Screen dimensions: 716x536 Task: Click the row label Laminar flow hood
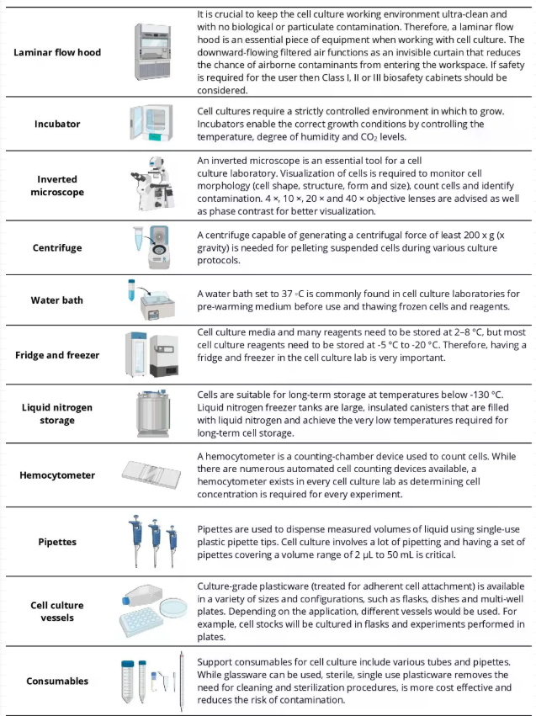click(57, 52)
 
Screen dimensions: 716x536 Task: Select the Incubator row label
click(57, 124)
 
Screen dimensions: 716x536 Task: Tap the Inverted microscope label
click(57, 185)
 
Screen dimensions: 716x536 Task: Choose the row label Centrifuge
click(57, 249)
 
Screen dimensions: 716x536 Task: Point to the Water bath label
click(57, 300)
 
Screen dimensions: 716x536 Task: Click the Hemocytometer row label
click(57, 475)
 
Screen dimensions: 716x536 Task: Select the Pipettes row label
click(57, 542)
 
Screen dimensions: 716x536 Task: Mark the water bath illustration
click(158, 302)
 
